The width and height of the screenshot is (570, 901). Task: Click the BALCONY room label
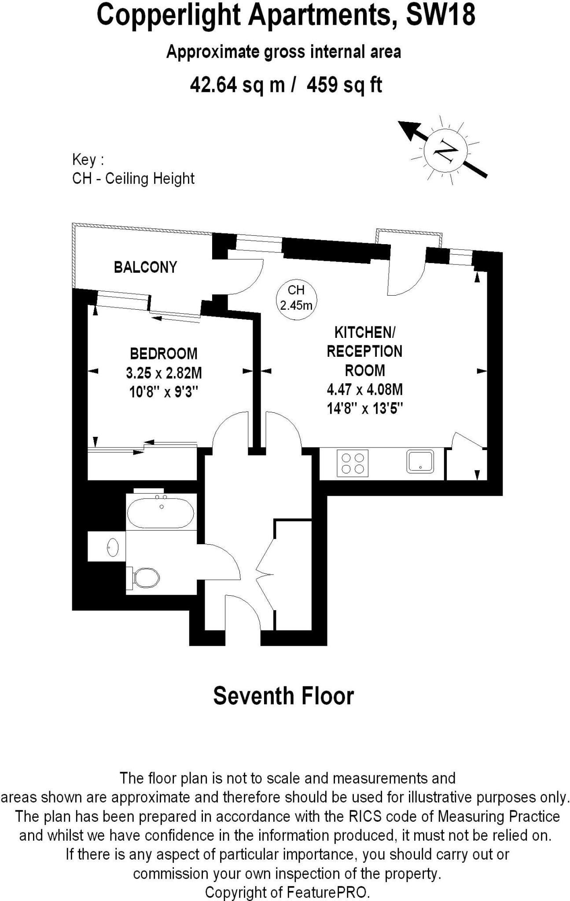click(x=145, y=267)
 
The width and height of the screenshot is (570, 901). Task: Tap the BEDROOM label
click(x=164, y=353)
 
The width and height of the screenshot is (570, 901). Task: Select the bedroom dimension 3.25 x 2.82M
click(x=164, y=373)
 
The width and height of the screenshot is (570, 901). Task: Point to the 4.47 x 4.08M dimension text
click(x=365, y=389)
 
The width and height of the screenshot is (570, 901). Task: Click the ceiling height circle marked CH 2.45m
click(x=296, y=297)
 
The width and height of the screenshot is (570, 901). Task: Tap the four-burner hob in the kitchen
click(x=353, y=463)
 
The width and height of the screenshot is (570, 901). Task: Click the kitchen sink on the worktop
click(x=420, y=461)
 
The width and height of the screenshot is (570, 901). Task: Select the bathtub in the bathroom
click(x=160, y=512)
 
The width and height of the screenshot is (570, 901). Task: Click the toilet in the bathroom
click(x=145, y=577)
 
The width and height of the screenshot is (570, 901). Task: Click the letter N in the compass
click(x=445, y=150)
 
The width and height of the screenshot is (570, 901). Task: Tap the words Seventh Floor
click(x=283, y=696)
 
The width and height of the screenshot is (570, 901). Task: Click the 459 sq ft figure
click(x=344, y=84)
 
